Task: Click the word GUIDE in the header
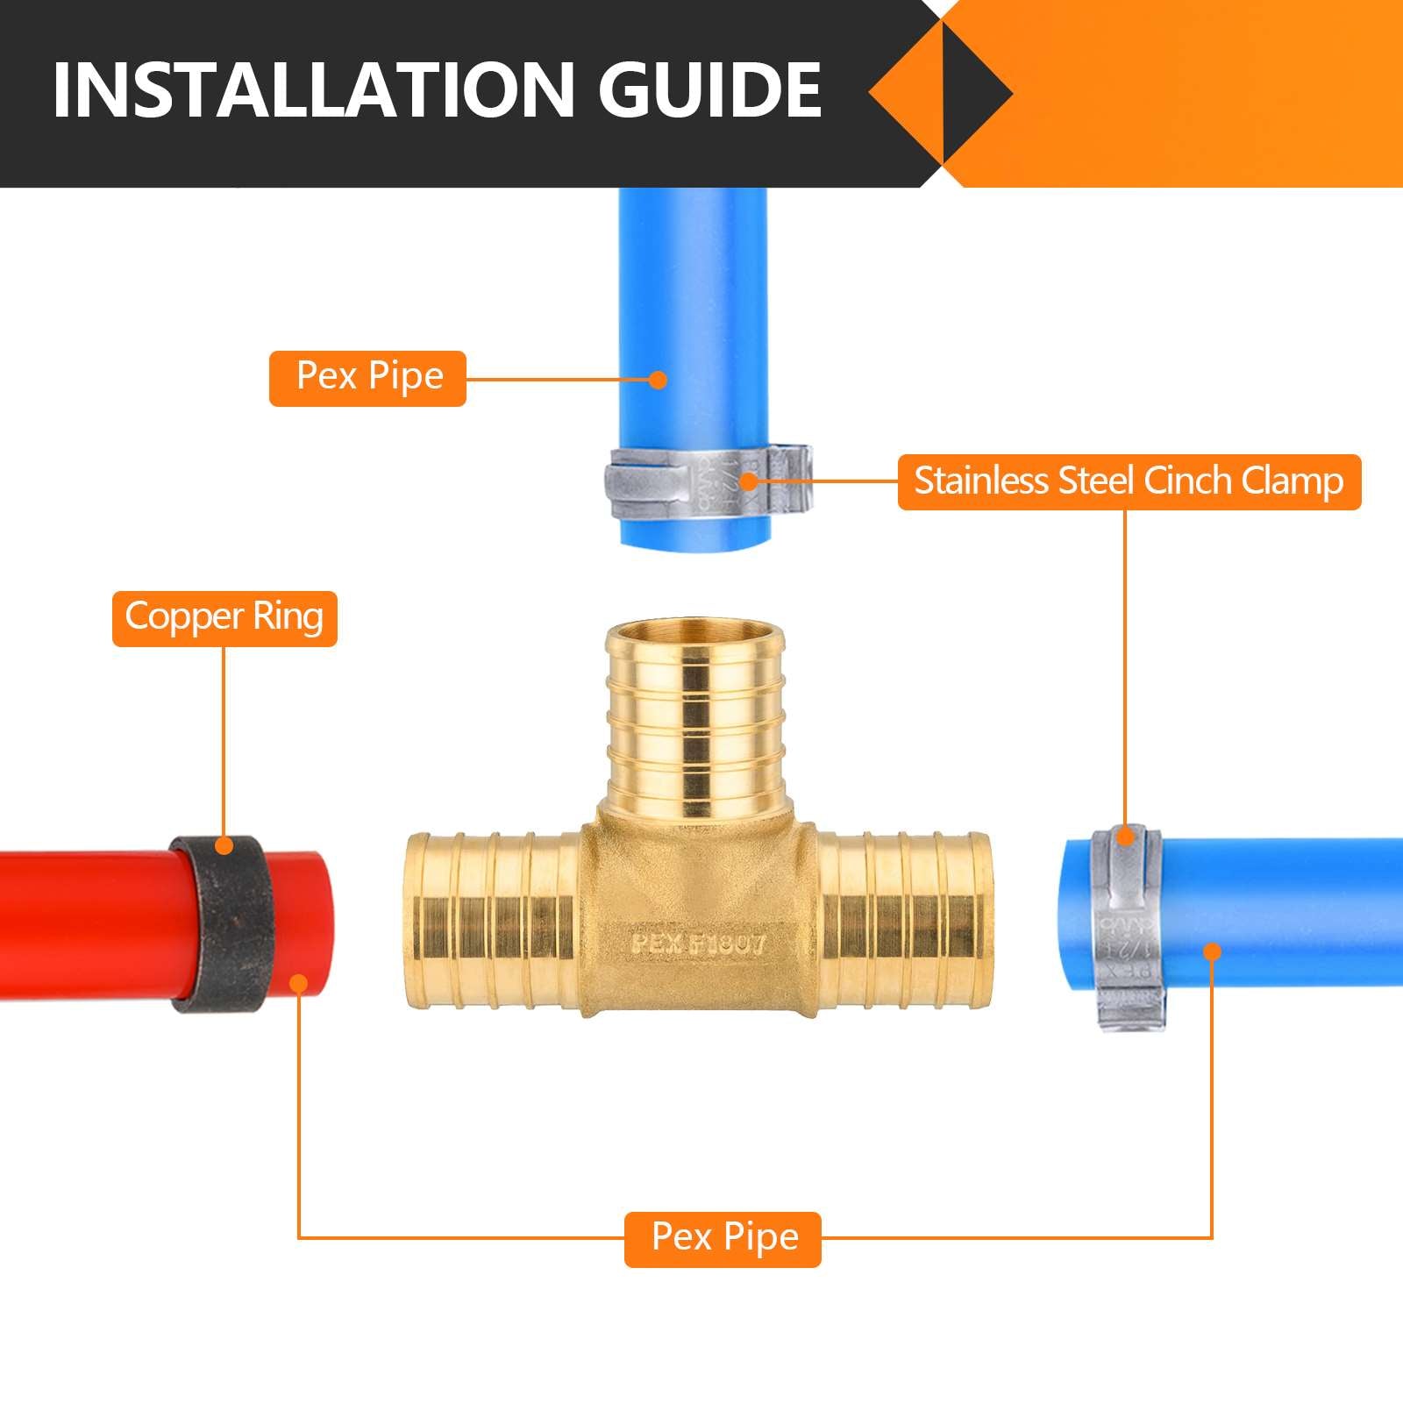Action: (709, 89)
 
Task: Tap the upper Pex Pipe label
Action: (367, 378)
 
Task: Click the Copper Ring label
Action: (224, 618)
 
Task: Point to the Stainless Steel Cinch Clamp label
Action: (1129, 481)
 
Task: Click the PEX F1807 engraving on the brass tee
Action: (699, 944)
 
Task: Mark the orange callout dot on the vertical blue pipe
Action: (658, 380)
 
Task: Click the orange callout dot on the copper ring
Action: (224, 846)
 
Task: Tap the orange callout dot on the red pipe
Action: (299, 983)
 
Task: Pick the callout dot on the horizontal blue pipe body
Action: (1212, 951)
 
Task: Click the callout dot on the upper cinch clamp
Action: (748, 481)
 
